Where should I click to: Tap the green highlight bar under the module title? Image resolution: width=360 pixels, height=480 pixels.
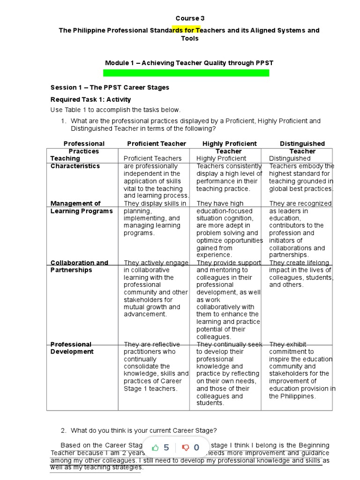pyautogui.click(x=186, y=73)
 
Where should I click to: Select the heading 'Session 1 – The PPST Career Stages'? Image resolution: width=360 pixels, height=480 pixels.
pyautogui.click(x=110, y=87)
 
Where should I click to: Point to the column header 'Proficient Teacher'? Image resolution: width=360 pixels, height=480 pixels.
pyautogui.click(x=157, y=143)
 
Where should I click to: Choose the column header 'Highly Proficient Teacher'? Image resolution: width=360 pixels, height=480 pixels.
pyautogui.click(x=229, y=147)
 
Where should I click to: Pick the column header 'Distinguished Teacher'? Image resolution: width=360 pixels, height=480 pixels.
pyautogui.click(x=302, y=147)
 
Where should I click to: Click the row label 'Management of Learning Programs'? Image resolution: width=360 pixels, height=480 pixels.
pyautogui.click(x=82, y=207)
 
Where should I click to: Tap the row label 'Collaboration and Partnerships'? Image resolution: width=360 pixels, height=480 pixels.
pyautogui.click(x=79, y=266)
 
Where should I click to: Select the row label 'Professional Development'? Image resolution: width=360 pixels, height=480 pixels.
pyautogui.click(x=72, y=348)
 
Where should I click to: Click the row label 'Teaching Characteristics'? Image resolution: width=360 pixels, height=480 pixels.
pyautogui.click(x=75, y=162)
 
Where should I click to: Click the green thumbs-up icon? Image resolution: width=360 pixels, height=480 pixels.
pyautogui.click(x=155, y=448)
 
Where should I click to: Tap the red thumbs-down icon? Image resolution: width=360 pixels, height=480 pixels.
pyautogui.click(x=186, y=448)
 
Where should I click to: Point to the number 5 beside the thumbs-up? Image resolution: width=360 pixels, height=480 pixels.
pyautogui.click(x=166, y=448)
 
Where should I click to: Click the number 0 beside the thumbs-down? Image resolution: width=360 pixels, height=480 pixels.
pyautogui.click(x=196, y=448)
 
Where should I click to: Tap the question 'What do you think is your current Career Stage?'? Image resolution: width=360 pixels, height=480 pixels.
pyautogui.click(x=143, y=430)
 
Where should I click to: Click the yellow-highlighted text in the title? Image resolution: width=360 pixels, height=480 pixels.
pyautogui.click(x=187, y=30)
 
